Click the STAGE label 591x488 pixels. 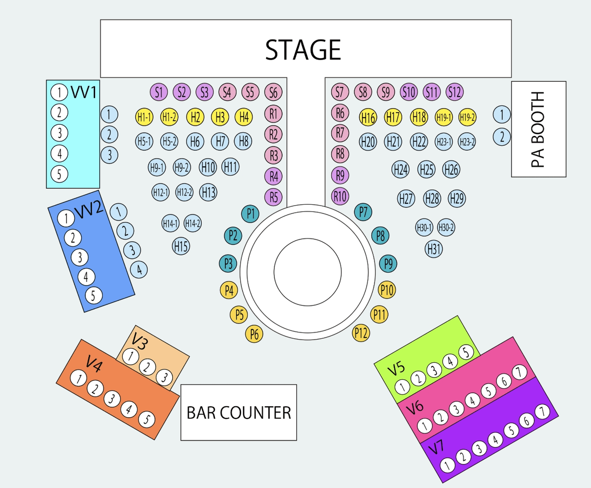[x=303, y=50]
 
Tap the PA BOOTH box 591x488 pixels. [x=539, y=129]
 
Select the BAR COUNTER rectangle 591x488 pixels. [x=239, y=412]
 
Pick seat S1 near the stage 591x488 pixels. [x=159, y=92]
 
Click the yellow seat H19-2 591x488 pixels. [x=467, y=117]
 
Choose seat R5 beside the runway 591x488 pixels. [x=273, y=197]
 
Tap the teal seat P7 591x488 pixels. [x=363, y=212]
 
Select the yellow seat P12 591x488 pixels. [x=361, y=333]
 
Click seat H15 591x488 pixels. [x=181, y=246]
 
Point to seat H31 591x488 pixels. [x=434, y=249]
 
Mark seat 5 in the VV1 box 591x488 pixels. [x=59, y=174]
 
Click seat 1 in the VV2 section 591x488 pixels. [x=66, y=219]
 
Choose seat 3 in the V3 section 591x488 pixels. [x=164, y=378]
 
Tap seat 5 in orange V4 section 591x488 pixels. [x=147, y=419]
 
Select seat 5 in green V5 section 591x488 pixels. [x=466, y=352]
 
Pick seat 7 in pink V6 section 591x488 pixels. [x=519, y=372]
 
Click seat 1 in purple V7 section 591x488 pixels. [x=447, y=465]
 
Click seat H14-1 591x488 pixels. [x=170, y=223]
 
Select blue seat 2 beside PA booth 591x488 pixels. [x=501, y=137]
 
